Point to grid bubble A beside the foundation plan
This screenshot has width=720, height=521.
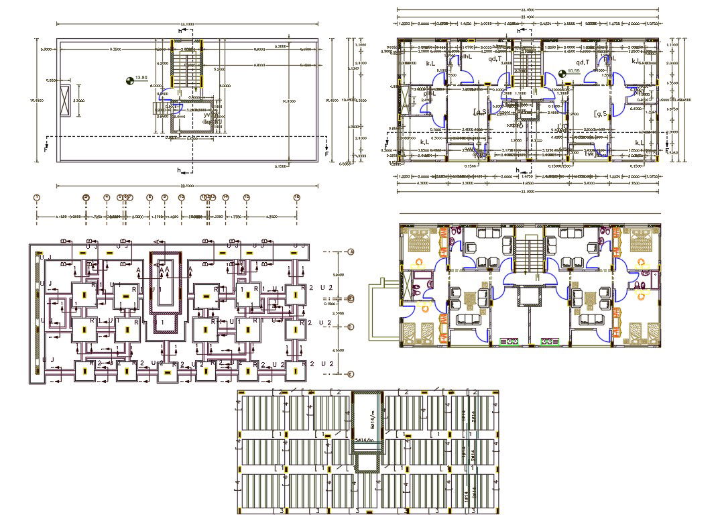(x=351, y=251)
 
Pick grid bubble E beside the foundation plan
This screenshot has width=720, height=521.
(x=351, y=374)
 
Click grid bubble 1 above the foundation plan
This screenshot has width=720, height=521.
(x=37, y=197)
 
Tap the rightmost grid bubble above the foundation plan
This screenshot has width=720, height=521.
(x=296, y=197)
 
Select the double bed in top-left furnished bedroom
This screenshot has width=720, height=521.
(x=419, y=240)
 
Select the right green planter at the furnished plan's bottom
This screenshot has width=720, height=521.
(x=550, y=341)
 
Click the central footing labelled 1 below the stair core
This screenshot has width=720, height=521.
(x=164, y=323)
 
